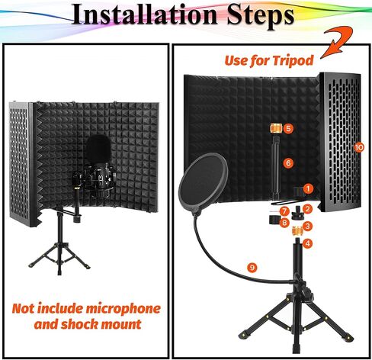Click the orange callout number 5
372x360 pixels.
pos(288,128)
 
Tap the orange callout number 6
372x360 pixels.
pos(288,163)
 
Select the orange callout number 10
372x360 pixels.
pos(359,147)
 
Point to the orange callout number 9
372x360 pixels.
pos(252,268)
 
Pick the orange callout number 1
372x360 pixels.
pos(309,189)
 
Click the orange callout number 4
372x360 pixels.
pos(308,243)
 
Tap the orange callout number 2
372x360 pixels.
pos(308,209)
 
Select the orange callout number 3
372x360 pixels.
pos(308,226)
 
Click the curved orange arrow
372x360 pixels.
pos(337,42)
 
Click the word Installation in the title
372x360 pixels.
pos(145,14)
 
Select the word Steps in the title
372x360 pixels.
pos(261,15)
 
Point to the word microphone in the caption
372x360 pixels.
pos(123,309)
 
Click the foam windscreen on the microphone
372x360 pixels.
pos(98,149)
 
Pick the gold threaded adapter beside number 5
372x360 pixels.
pos(275,128)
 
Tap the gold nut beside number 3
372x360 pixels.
pos(297,230)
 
